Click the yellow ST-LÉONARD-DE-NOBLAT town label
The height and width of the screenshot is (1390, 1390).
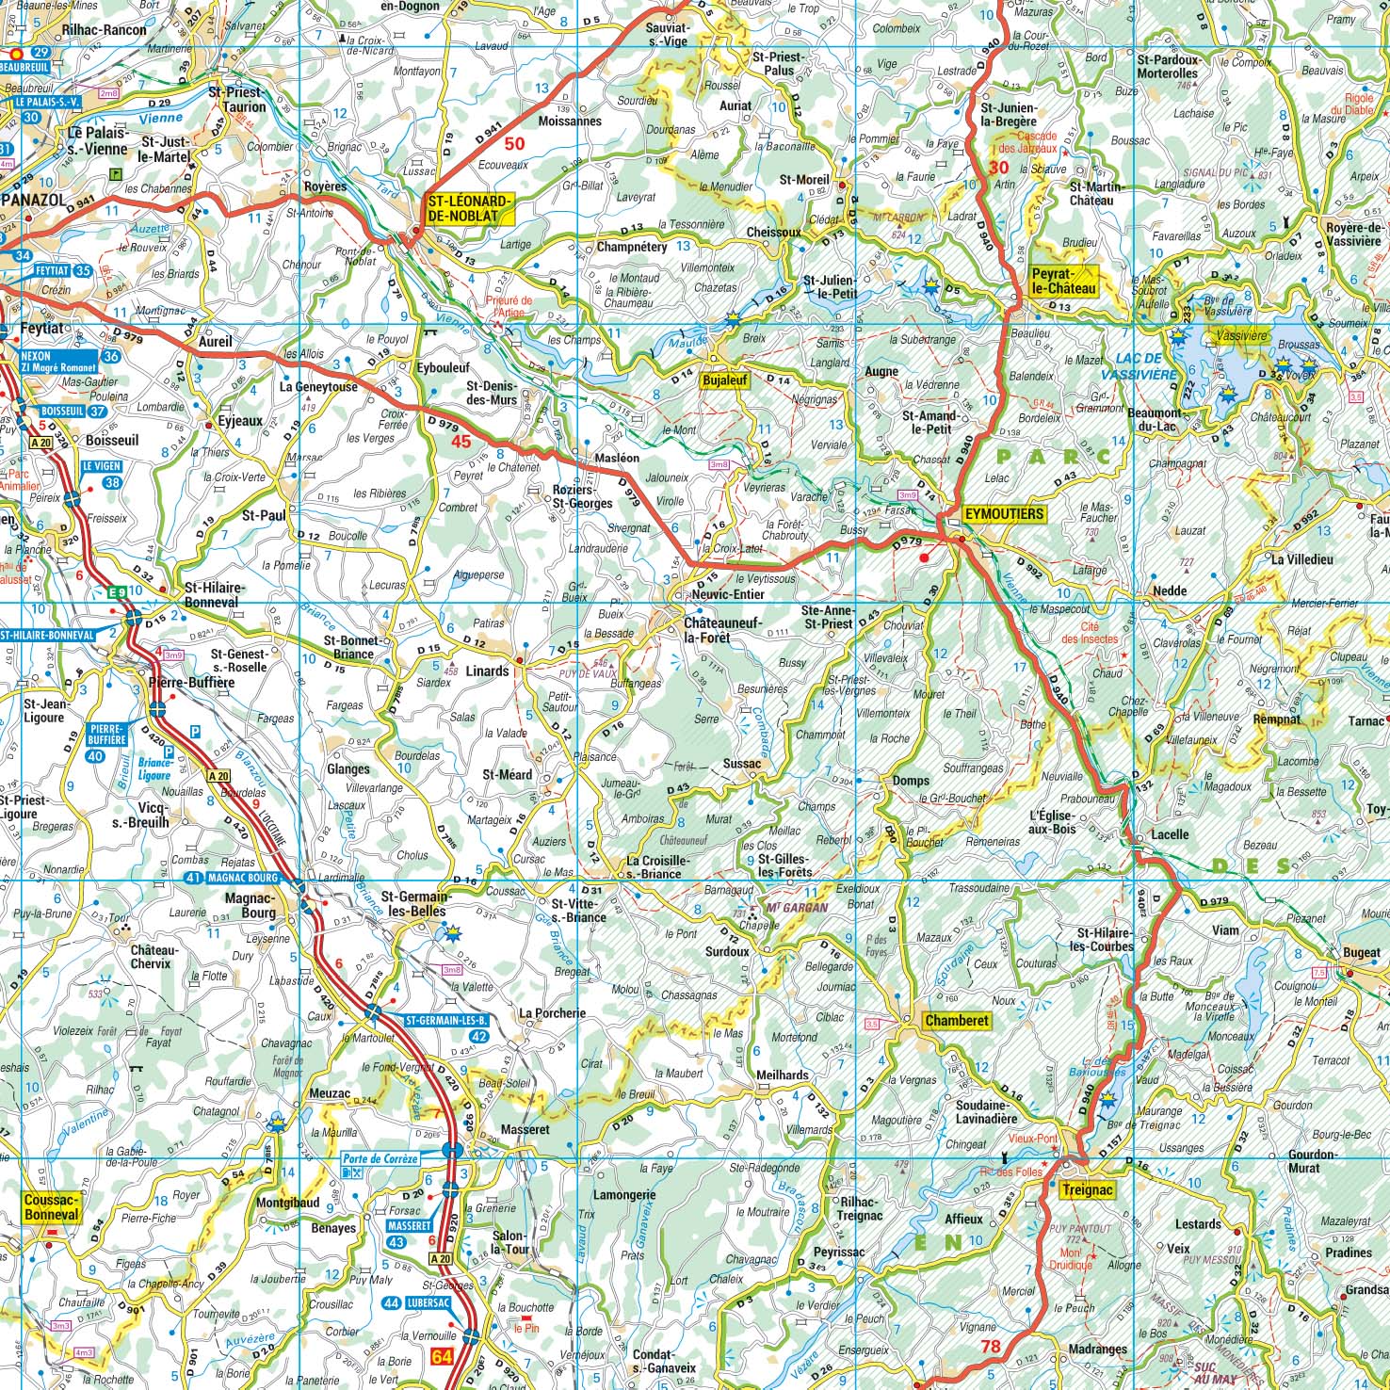[x=469, y=208]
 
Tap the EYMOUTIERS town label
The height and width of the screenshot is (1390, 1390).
[x=1004, y=514]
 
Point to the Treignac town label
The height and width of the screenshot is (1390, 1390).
[x=1087, y=1190]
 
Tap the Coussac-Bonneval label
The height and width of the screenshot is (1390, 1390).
[x=51, y=1208]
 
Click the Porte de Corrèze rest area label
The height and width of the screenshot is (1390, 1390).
[x=380, y=1159]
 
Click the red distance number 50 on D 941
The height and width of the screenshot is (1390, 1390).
[x=514, y=144]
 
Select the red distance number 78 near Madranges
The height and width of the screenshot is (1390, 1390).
[x=990, y=1347]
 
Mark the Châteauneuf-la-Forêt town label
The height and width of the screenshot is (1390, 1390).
[x=719, y=630]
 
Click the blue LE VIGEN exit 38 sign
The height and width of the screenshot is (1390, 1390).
[x=103, y=474]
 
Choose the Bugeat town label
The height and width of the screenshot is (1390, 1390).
[x=1362, y=953]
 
